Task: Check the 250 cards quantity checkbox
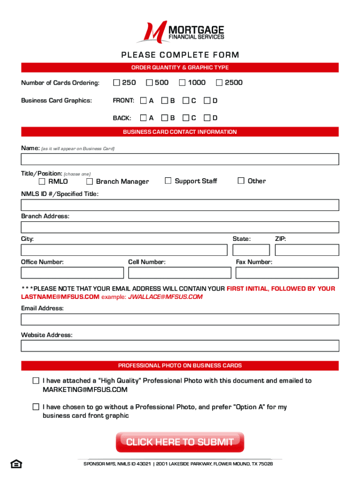[x=116, y=83]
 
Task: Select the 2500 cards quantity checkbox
[x=219, y=83]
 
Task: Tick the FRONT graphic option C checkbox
[x=186, y=101]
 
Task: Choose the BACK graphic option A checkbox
[x=144, y=118]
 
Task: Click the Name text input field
[x=180, y=160]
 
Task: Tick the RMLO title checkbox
[x=42, y=181]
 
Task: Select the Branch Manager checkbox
[x=90, y=181]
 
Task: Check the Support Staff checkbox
[x=168, y=181]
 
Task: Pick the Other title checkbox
[x=241, y=181]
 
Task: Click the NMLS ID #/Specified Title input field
[x=180, y=205]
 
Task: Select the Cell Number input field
[x=180, y=272]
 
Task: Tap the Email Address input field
[x=180, y=319]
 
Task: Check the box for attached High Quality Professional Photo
[x=36, y=381]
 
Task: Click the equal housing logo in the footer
[x=15, y=464]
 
